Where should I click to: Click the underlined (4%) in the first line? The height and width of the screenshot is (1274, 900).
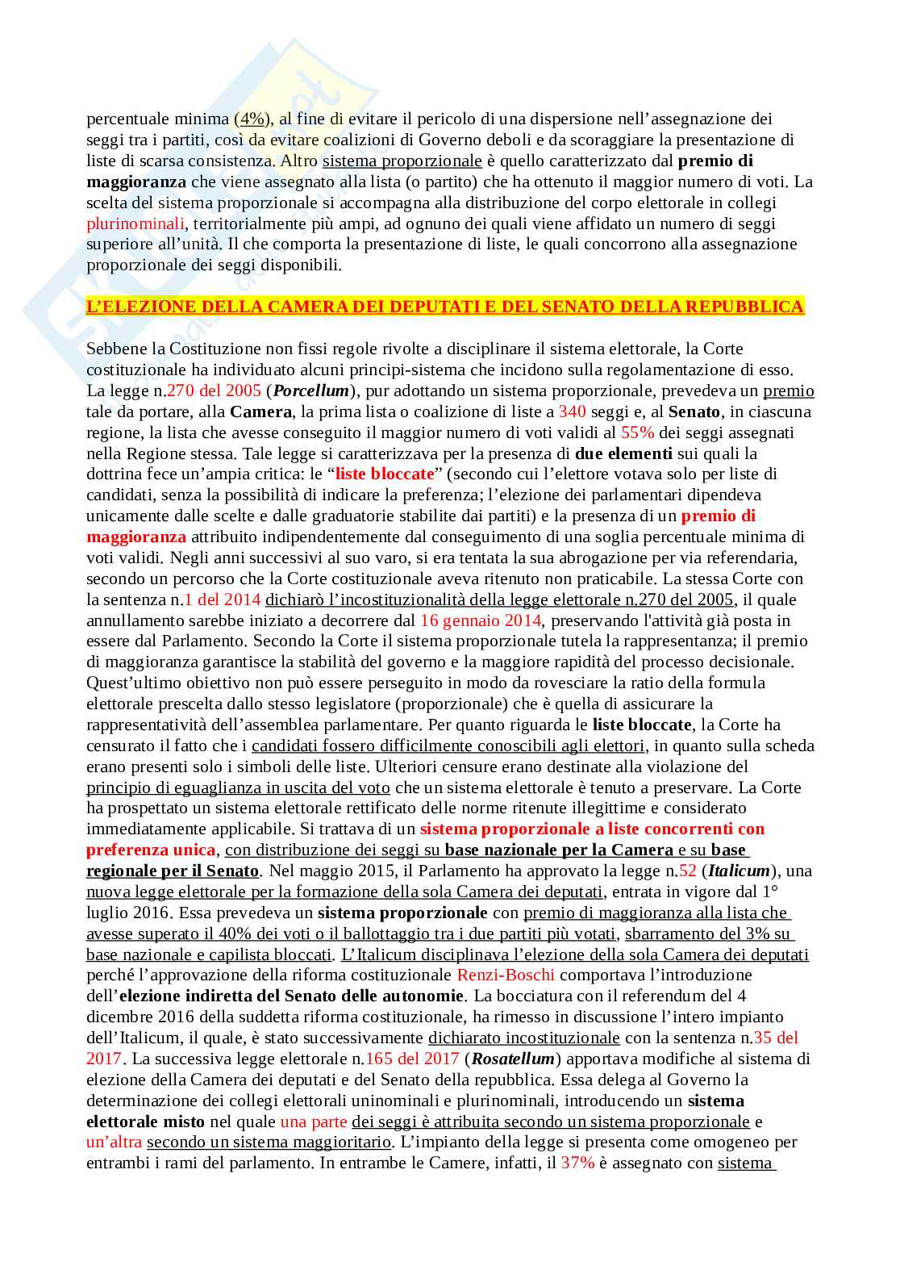coord(252,119)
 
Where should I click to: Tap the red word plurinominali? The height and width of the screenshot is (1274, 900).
coord(135,223)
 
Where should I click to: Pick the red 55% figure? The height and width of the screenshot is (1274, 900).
coord(637,432)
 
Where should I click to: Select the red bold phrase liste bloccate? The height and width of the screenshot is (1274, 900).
coord(385,474)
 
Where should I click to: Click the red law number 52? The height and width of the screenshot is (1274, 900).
coord(687,871)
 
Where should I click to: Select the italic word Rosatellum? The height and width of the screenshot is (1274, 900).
coord(513,1059)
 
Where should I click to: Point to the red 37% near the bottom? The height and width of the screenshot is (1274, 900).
coord(577,1163)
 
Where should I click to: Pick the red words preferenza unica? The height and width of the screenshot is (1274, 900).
coord(151,850)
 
